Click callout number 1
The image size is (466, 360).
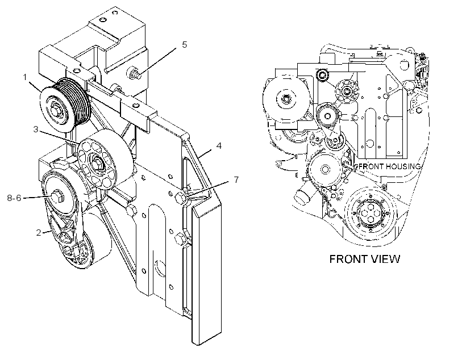click(x=25, y=78)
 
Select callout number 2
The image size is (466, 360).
click(x=39, y=233)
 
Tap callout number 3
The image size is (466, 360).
click(x=36, y=129)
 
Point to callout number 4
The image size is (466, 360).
click(x=219, y=146)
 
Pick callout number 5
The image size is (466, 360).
click(x=185, y=44)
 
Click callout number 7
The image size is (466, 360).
click(x=236, y=179)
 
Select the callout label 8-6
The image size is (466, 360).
click(x=14, y=198)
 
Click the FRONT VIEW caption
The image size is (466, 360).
click(x=365, y=259)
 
